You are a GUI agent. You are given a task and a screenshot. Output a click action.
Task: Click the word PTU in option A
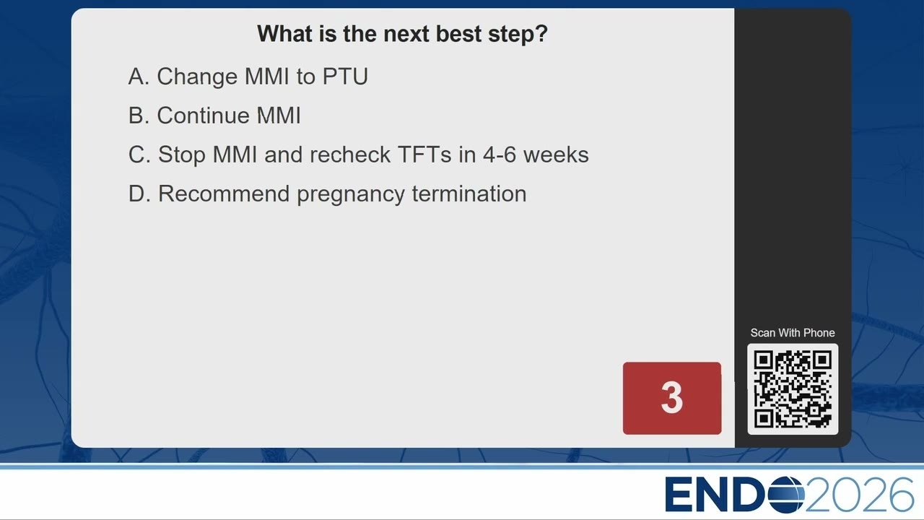(345, 77)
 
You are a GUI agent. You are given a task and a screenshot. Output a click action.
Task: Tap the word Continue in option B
(203, 116)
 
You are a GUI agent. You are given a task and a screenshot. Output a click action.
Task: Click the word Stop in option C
(181, 155)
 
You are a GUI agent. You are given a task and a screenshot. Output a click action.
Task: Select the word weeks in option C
(556, 155)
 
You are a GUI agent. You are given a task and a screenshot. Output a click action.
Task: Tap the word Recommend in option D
(224, 194)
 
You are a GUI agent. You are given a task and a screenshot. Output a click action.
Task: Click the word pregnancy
(351, 195)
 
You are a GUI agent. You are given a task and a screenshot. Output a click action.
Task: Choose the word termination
(469, 194)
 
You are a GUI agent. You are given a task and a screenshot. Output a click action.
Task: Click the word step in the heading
(518, 35)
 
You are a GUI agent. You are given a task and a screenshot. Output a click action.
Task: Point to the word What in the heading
(284, 34)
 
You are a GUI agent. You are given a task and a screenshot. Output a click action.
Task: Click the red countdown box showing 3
(672, 398)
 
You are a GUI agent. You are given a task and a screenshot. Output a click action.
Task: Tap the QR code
(793, 389)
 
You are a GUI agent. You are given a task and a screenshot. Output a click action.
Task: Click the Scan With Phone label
(793, 333)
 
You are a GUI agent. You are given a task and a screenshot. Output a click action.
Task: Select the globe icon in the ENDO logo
(786, 495)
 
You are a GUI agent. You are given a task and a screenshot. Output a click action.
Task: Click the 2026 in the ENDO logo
(859, 495)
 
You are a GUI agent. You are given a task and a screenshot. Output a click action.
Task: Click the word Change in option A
(197, 77)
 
